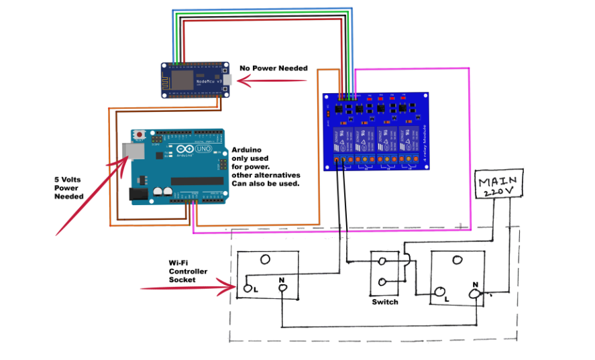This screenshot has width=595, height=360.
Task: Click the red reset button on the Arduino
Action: [x=140, y=135]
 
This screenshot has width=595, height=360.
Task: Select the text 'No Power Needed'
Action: [x=274, y=68]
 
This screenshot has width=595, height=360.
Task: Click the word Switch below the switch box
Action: [x=385, y=302]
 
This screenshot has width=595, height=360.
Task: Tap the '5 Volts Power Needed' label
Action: [x=69, y=188]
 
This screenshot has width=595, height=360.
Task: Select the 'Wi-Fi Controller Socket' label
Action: [x=188, y=271]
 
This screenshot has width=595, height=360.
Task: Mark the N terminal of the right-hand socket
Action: [x=476, y=293]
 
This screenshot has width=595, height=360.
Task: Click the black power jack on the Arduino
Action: [x=138, y=195]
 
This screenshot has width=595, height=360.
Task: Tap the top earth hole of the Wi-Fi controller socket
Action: [x=266, y=258]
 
